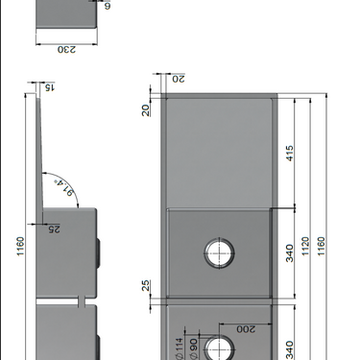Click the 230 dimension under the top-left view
(x=67, y=50)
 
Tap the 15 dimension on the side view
(x=50, y=87)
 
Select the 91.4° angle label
(x=65, y=188)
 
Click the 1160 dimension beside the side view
(x=20, y=246)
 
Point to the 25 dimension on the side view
(x=54, y=229)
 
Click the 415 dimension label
(x=290, y=154)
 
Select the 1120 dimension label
(x=306, y=246)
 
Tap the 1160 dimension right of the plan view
(x=322, y=246)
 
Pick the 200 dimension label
(x=246, y=329)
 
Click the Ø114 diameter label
(x=179, y=348)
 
